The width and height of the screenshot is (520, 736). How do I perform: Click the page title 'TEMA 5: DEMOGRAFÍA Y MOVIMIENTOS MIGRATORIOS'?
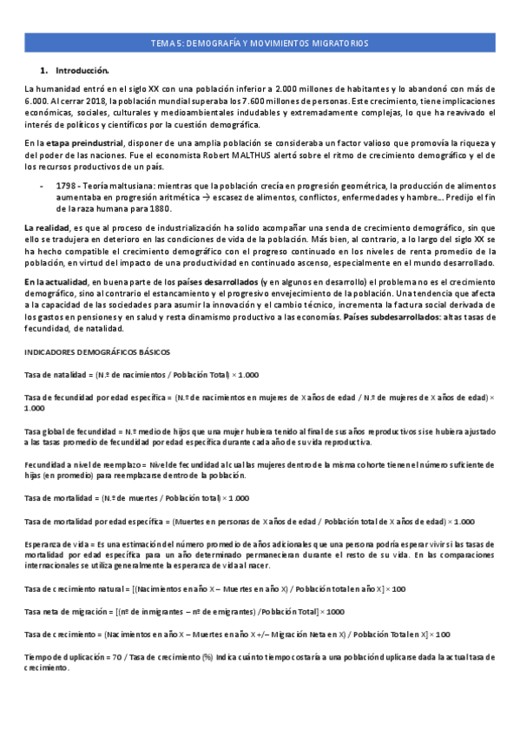click(260, 43)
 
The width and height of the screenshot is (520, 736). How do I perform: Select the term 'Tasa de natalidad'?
click(58, 374)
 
